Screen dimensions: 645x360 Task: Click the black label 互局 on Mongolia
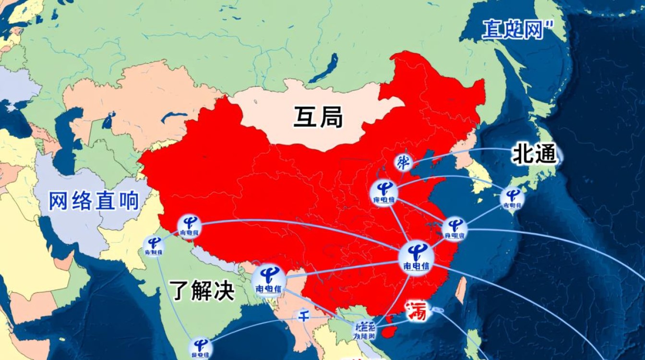click(x=318, y=118)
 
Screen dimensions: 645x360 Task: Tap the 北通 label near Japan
click(x=534, y=155)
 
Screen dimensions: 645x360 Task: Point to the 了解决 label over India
click(x=203, y=291)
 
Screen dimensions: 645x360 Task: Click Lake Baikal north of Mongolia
click(x=327, y=68)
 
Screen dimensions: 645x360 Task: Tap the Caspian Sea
click(x=65, y=137)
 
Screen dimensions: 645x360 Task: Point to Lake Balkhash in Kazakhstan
click(x=173, y=117)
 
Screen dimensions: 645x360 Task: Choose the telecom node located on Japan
click(x=513, y=198)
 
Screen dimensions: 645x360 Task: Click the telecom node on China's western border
click(x=190, y=225)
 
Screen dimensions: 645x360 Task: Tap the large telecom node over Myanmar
click(x=269, y=279)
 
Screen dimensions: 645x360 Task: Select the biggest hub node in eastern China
click(x=414, y=257)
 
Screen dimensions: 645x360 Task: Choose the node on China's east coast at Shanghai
click(x=454, y=228)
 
